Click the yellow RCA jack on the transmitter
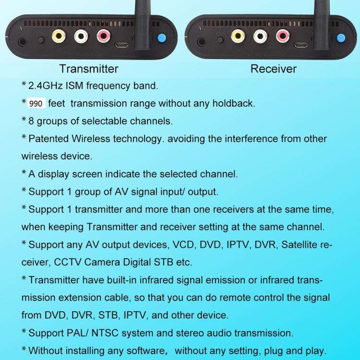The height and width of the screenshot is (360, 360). (59, 36)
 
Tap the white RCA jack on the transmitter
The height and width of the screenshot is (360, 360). (81, 36)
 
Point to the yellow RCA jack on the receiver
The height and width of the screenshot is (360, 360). (237, 36)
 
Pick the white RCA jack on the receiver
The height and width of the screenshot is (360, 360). (260, 36)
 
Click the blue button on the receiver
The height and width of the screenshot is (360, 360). (341, 38)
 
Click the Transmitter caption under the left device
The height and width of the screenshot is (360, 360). (89, 69)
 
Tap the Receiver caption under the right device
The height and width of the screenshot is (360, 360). (274, 69)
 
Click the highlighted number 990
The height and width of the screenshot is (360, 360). (36, 104)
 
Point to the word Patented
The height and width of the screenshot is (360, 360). (49, 139)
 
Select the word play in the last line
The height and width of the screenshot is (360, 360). (316, 350)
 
